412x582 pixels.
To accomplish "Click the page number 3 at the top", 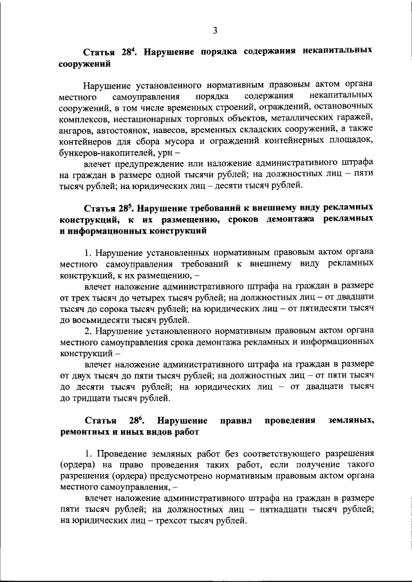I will tap(216, 28).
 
